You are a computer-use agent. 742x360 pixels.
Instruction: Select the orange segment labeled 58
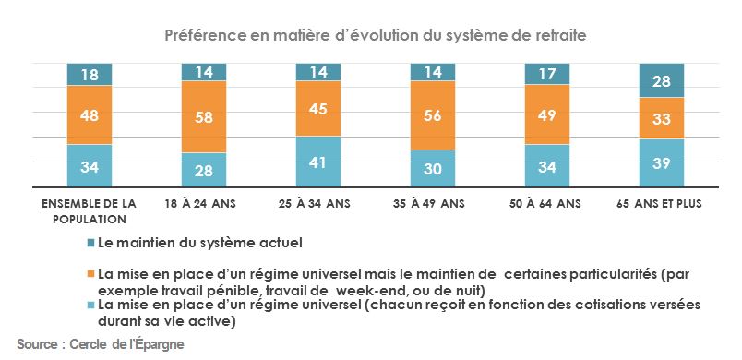click(204, 116)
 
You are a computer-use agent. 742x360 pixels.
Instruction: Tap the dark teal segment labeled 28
click(662, 81)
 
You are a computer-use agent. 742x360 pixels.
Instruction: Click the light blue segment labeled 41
click(318, 162)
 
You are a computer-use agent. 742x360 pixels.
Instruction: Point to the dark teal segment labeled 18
click(90, 74)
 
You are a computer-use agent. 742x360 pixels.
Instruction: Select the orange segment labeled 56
click(433, 115)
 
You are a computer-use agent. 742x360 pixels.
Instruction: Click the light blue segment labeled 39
click(662, 163)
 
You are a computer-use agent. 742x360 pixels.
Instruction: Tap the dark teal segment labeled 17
click(547, 74)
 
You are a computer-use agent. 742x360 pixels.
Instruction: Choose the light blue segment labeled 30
click(433, 169)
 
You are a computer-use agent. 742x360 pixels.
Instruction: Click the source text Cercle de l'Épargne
click(100, 344)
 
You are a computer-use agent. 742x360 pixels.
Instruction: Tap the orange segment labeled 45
click(318, 109)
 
